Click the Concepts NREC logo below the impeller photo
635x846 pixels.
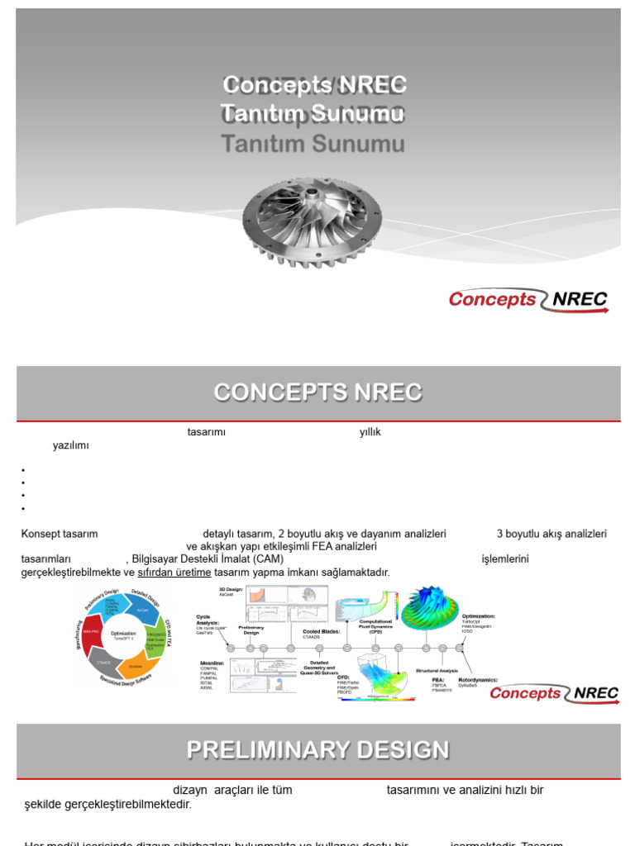coord(528,300)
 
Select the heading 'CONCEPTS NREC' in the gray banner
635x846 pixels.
coord(317,392)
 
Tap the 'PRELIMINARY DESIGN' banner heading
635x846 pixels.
coord(317,749)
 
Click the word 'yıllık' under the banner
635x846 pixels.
coord(370,432)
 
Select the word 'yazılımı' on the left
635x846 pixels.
coord(70,445)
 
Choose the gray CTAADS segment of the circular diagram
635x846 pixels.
coord(103,663)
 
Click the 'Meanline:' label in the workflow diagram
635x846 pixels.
coord(212,663)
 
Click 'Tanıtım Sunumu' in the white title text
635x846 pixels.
coord(313,113)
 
